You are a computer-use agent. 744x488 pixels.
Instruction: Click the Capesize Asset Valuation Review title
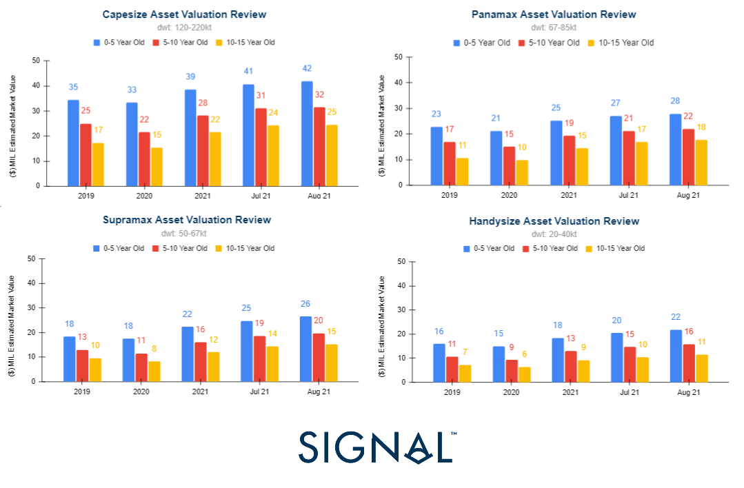[184, 14]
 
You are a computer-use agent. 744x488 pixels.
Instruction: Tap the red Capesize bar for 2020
[144, 159]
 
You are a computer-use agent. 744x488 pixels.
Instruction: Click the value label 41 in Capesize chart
[248, 71]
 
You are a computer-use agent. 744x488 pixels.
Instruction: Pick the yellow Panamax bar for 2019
[462, 172]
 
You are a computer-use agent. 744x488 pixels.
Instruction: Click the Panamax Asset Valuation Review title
[554, 14]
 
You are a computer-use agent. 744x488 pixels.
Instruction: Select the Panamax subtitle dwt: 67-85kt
[554, 28]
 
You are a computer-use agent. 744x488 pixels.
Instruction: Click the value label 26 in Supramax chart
[306, 304]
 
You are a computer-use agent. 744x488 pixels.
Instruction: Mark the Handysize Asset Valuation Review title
[554, 221]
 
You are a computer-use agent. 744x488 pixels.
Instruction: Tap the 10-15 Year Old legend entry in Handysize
[615, 248]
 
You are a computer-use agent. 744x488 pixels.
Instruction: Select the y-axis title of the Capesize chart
[15, 123]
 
